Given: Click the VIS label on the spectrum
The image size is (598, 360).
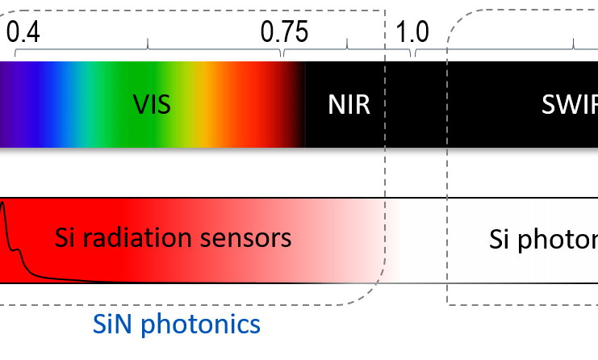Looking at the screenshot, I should click(152, 104).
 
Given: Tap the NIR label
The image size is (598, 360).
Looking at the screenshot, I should click(349, 104).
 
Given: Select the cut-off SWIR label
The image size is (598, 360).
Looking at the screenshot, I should click(570, 104).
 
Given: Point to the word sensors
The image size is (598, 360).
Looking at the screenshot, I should click(250, 238).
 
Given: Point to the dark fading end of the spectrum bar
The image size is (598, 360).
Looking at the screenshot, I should click(297, 104).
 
